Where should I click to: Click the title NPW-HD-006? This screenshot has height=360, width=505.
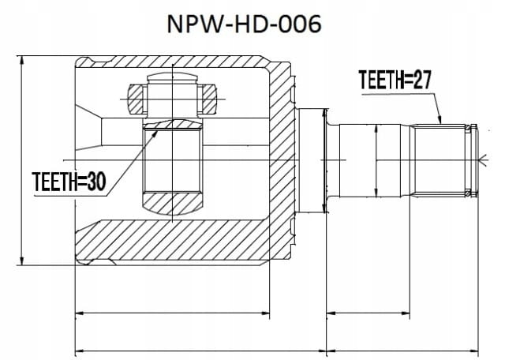pos(244,24)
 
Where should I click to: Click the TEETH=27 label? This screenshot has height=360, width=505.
pos(395,79)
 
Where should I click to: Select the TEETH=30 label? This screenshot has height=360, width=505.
pos(69,182)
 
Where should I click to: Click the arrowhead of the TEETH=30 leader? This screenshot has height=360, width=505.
pos(156,132)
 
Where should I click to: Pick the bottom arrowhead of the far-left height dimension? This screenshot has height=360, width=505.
pos(21,261)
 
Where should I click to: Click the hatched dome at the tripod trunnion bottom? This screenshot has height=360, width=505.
pos(173,204)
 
